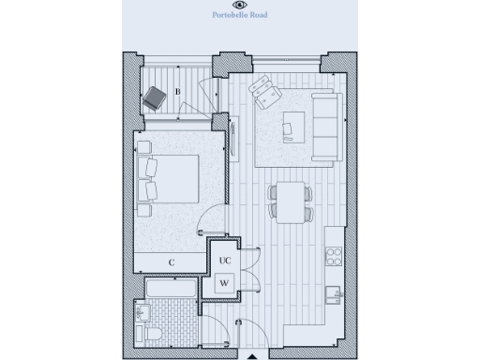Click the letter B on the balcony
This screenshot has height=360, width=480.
tap(177, 92)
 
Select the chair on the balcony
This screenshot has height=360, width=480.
tap(154, 97)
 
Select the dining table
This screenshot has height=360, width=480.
tap(290, 200)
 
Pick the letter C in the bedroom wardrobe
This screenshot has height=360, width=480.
tap(172, 262)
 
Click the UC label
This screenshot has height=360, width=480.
tap(225, 261)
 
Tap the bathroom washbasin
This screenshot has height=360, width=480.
tap(143, 310)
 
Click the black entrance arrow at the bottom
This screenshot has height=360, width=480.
tap(251, 355)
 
